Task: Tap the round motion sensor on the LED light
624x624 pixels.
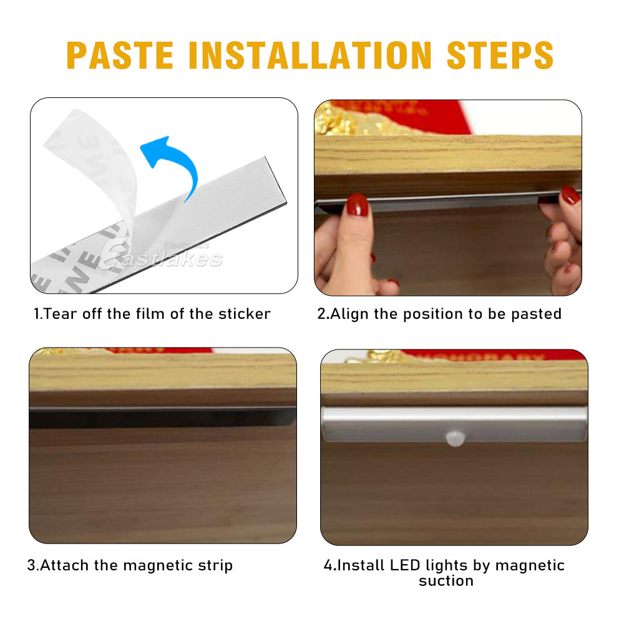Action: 454,437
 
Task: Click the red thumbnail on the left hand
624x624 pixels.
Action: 358,205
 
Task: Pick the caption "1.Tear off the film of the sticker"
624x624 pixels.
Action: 152,313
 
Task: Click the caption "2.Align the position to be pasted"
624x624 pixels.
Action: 439,313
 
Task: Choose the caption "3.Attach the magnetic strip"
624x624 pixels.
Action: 130,565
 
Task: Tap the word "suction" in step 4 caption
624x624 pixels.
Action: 446,581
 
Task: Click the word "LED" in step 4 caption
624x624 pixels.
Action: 405,565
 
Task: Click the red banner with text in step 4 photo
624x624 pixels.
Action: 493,355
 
